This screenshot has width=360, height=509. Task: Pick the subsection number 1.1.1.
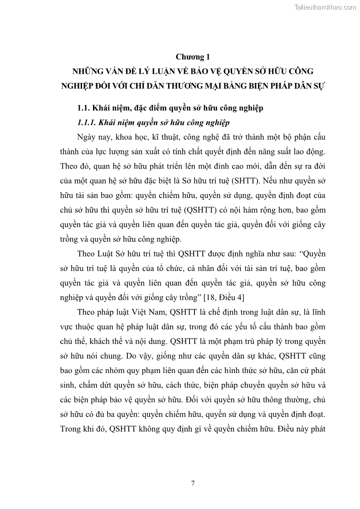[87, 123]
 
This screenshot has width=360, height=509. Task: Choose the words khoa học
[131, 137]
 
